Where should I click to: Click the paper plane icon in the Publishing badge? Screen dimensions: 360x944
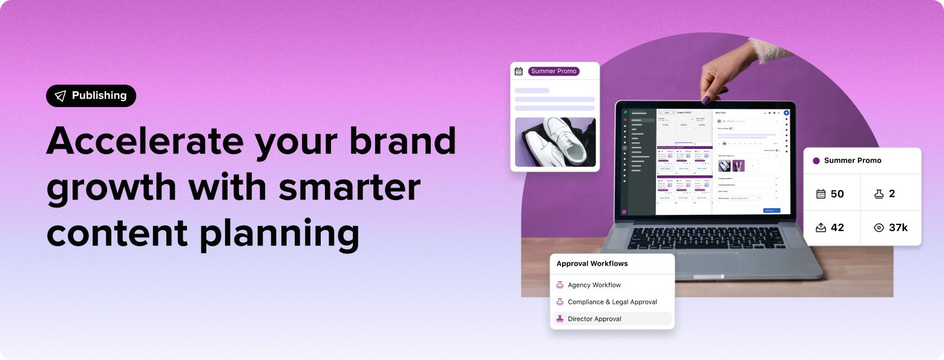[x=60, y=96]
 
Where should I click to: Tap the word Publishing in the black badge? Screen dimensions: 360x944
[x=99, y=96]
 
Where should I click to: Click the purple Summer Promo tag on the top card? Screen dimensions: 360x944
[x=554, y=71]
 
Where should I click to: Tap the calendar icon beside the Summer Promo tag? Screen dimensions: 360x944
[x=519, y=71]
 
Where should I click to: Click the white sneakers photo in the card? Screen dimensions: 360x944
[x=555, y=142]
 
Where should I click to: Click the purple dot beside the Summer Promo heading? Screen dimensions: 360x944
[x=816, y=161]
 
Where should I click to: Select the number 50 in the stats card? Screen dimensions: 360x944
[x=837, y=194]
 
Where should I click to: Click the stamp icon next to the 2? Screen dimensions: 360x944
[x=879, y=194]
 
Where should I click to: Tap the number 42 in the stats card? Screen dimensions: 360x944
[x=837, y=228]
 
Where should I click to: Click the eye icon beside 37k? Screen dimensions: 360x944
[x=879, y=228]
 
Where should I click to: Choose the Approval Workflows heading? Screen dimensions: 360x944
[x=592, y=264]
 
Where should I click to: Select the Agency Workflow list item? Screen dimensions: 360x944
[x=594, y=285]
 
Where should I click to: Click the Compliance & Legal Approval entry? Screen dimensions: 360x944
[x=612, y=302]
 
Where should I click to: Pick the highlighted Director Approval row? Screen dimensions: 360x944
[x=612, y=319]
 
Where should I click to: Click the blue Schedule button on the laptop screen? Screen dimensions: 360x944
[x=770, y=210]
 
